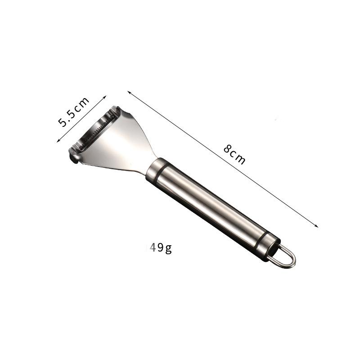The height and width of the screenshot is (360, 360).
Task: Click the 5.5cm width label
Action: coord(73,112)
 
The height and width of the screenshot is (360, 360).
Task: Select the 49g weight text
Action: coord(161,248)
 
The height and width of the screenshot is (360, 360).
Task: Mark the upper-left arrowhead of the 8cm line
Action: coord(129,92)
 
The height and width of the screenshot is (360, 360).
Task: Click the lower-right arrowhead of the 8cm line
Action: coord(317,226)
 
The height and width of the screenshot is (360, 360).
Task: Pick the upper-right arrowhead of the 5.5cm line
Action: coord(105,97)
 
